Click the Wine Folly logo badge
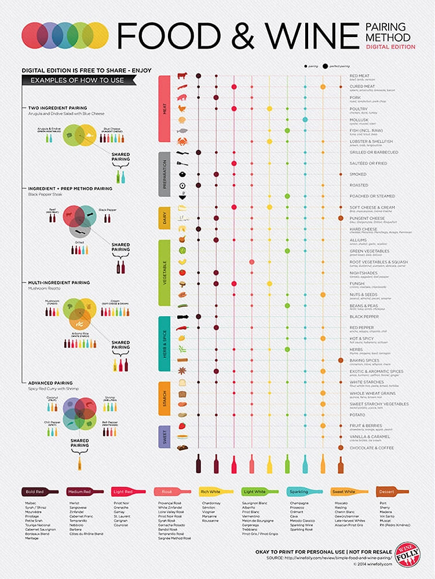(408, 555)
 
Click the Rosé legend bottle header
(170, 492)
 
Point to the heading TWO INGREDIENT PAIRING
(58, 108)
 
